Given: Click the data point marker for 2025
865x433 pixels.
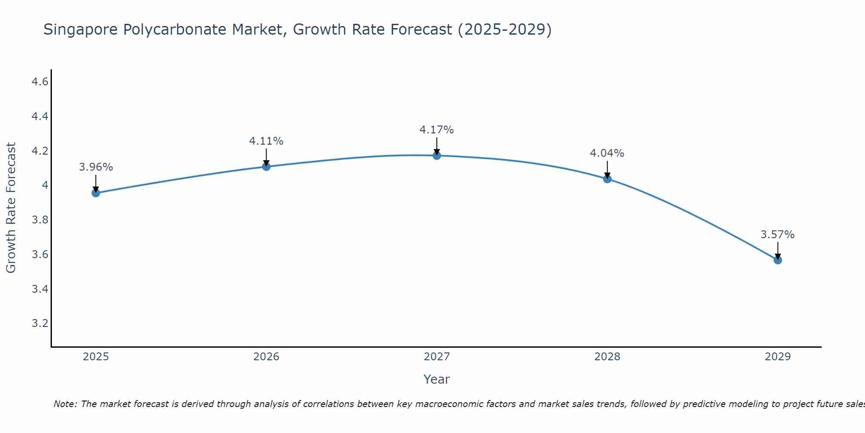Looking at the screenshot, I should point(96,193).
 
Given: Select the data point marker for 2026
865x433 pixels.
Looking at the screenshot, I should point(266,167).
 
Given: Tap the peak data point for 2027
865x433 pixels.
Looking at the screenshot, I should point(437,155).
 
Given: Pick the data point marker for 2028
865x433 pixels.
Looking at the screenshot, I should point(607,179).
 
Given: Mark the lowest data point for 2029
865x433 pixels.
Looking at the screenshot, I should point(778,260).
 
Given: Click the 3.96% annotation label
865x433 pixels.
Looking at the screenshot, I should point(96,167).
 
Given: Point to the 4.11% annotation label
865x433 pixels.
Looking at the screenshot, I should point(266,141).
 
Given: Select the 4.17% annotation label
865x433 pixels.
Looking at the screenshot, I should point(437,130).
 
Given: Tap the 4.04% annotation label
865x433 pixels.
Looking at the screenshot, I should point(607,153).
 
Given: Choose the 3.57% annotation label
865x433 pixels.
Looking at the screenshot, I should point(778,235).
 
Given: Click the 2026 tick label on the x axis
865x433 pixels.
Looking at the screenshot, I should point(266,357).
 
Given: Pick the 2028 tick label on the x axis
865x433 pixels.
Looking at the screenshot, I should point(607,357).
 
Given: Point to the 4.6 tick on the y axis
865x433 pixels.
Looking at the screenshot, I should point(40,82).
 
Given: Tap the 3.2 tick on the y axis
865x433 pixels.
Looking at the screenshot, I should point(40,323).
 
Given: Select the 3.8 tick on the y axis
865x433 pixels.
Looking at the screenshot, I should point(40,220).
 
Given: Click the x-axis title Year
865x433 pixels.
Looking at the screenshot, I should point(437,379).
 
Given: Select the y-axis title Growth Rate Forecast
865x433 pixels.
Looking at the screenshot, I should point(11,208).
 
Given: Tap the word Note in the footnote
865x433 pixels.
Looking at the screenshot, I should point(65,404).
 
